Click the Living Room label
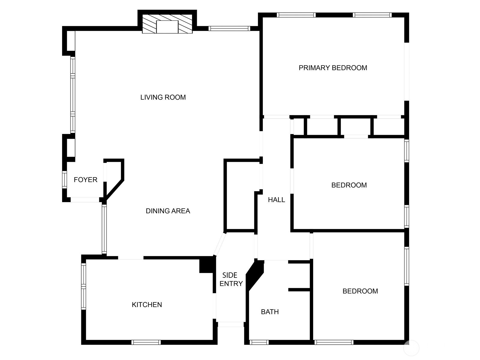(163, 97)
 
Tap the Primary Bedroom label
(333, 68)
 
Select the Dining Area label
(168, 211)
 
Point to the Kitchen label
(147, 305)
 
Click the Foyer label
(85, 180)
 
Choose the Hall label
(276, 200)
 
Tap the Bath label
(270, 312)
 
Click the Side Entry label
(230, 280)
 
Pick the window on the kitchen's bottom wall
(146, 342)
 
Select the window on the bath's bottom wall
(259, 342)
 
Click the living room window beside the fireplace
(229, 29)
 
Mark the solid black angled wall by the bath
(255, 275)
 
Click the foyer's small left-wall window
(64, 180)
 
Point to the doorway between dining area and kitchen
(130, 258)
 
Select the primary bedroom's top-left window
(296, 15)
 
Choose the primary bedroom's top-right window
(372, 15)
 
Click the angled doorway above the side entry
(219, 244)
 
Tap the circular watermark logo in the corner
(411, 348)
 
